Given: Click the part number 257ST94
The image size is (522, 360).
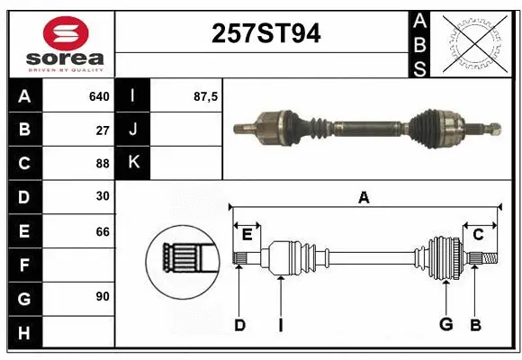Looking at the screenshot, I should point(265,34).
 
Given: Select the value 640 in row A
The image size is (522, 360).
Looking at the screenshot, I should point(98,96).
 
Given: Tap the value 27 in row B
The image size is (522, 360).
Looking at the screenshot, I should point(102,130).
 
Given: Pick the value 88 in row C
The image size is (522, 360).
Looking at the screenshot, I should point(102,163).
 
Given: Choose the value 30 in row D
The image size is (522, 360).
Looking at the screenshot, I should point(102,196).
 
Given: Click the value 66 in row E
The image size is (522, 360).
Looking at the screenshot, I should point(102,230).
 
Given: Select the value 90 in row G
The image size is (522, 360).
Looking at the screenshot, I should point(102,296).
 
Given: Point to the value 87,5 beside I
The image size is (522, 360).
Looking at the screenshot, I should point(204,96).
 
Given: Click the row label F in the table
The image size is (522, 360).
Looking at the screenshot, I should point(24,265).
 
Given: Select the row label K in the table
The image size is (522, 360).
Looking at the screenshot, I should point(133,163).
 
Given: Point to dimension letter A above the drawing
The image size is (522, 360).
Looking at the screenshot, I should point(364,197).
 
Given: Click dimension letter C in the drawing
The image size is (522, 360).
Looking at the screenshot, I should point(479,235).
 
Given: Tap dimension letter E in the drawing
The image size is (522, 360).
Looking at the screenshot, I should point(247,235).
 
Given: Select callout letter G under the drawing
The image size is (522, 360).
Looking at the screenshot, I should point(445,325).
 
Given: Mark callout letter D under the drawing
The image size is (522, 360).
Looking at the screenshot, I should point(239,325).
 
